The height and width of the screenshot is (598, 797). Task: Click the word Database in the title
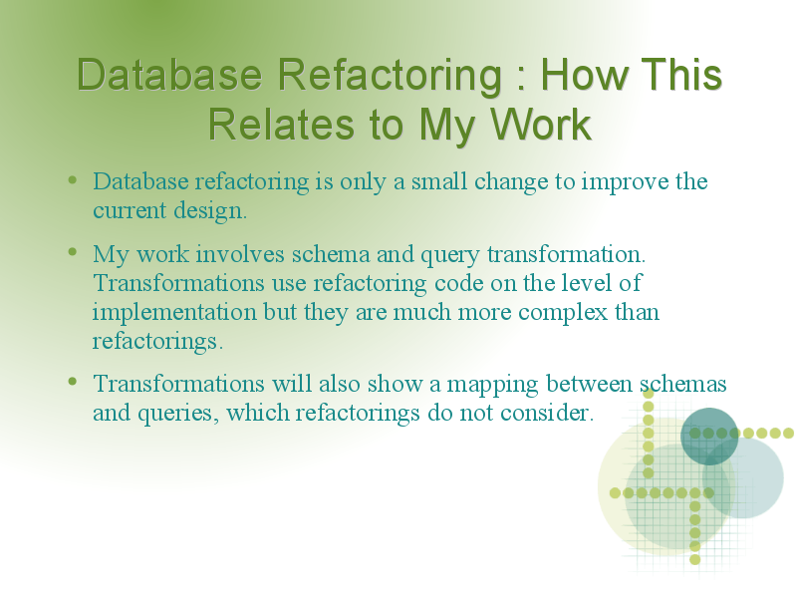coord(169,74)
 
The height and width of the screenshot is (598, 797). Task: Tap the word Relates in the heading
coord(281,124)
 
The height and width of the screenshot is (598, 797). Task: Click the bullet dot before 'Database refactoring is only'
coord(72,179)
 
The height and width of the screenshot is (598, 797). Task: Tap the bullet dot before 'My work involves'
coord(72,252)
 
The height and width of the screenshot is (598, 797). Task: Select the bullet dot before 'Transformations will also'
coord(72,381)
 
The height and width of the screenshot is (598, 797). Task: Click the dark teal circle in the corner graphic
coord(709,437)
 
